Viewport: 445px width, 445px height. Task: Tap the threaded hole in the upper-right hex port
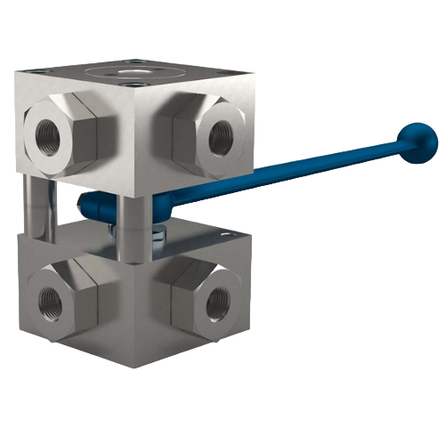[x=219, y=136]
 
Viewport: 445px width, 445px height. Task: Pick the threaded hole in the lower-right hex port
[x=217, y=303]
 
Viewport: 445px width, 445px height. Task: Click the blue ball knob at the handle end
[x=416, y=138]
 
